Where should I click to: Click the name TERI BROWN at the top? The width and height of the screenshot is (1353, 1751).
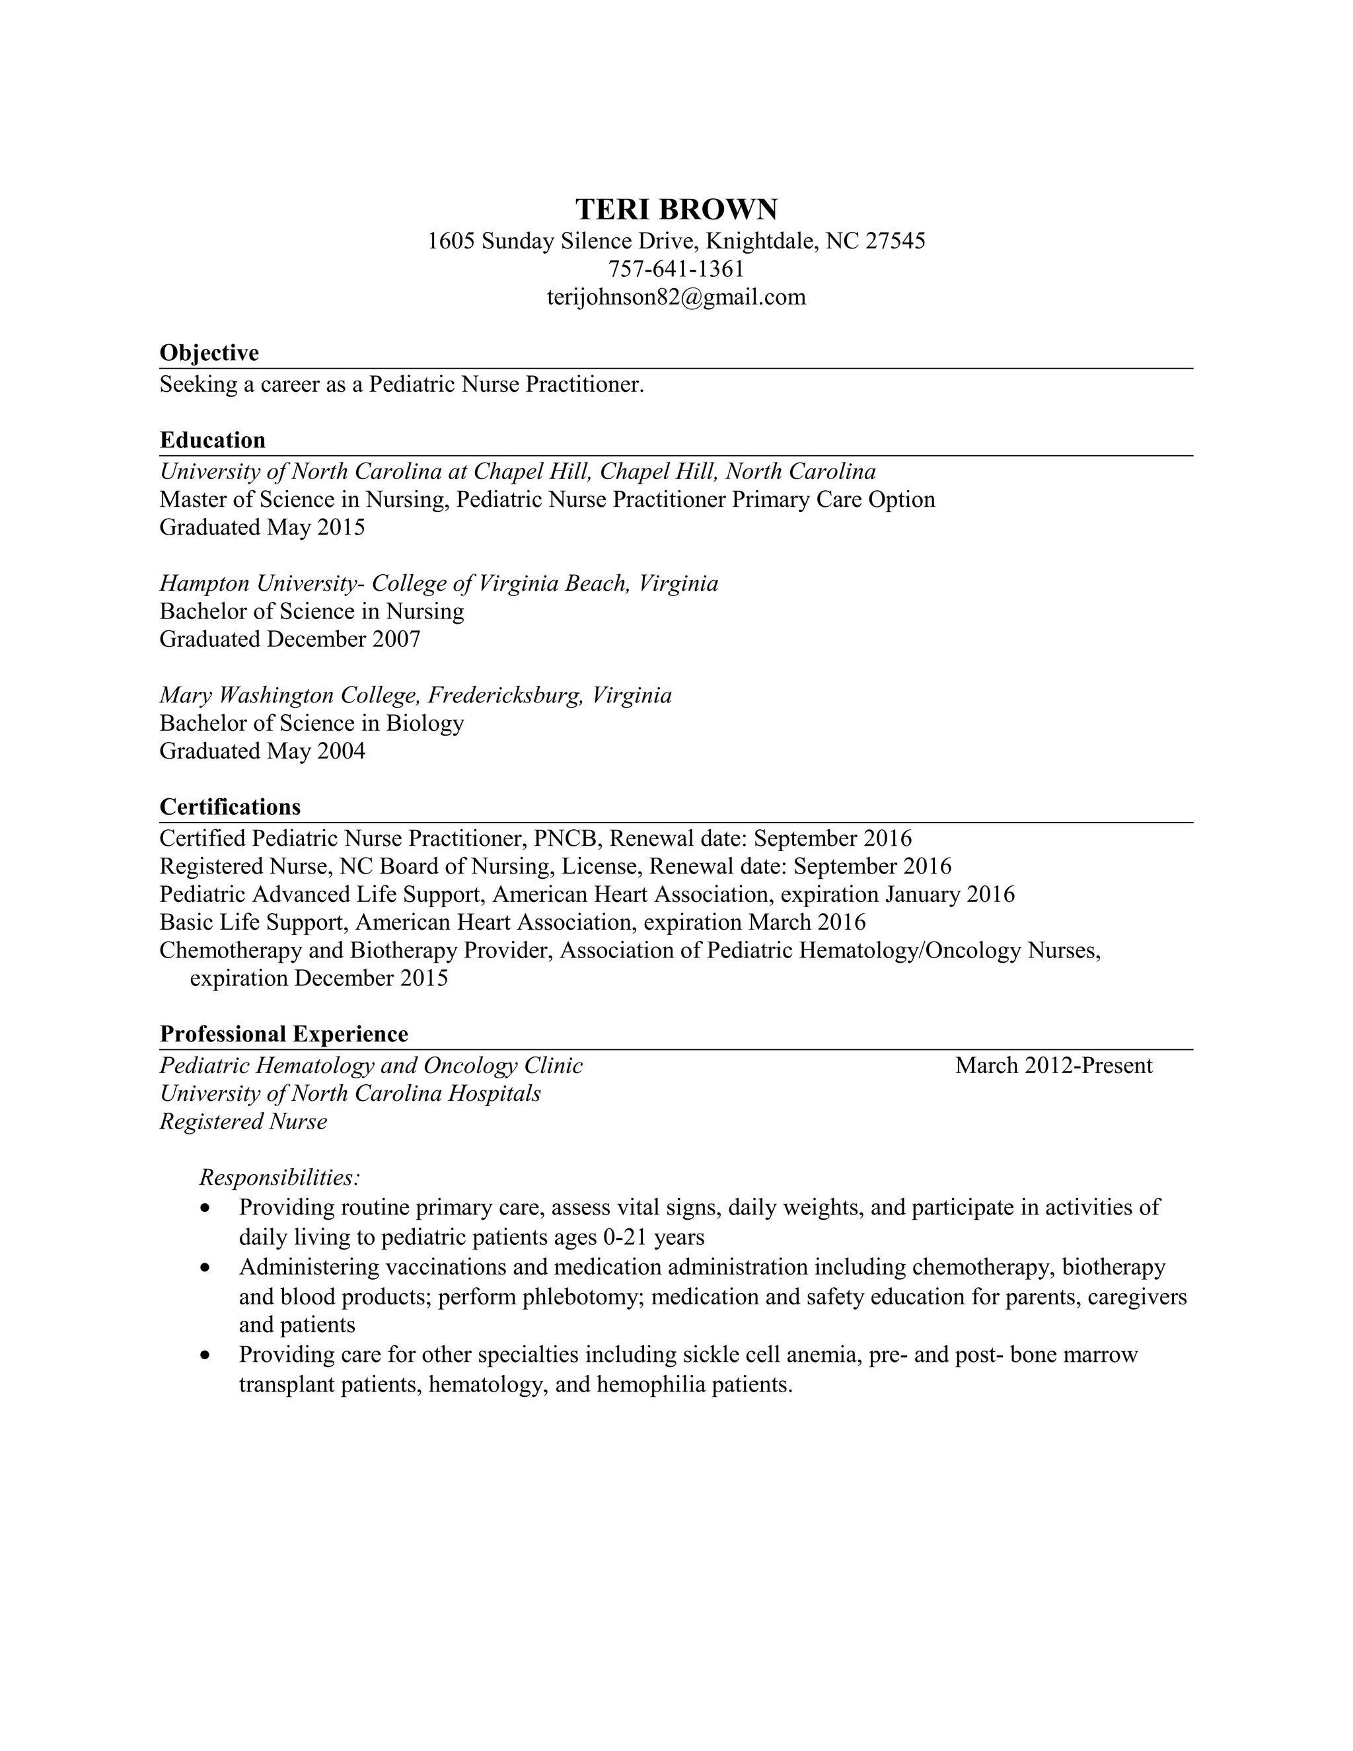click(x=676, y=209)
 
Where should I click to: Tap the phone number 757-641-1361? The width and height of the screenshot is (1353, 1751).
click(x=676, y=268)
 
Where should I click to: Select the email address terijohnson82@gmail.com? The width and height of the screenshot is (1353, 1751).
click(x=676, y=297)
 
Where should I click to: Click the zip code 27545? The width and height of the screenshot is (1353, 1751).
click(x=895, y=241)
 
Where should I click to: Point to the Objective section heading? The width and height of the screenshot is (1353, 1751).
click(x=209, y=353)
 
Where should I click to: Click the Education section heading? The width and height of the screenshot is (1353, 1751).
click(x=213, y=440)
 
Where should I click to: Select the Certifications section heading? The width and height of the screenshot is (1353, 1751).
click(x=230, y=807)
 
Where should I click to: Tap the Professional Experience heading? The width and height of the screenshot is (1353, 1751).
click(x=283, y=1034)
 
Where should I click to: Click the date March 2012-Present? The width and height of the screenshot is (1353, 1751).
click(x=1053, y=1066)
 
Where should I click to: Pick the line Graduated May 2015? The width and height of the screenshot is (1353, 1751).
click(x=262, y=527)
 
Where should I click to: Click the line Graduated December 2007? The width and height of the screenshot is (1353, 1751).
click(x=289, y=639)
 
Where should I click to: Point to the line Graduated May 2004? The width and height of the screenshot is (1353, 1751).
click(x=262, y=751)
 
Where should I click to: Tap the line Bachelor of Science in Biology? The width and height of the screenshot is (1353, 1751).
click(x=312, y=723)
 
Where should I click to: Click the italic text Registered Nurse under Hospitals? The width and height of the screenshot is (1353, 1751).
click(x=244, y=1122)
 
